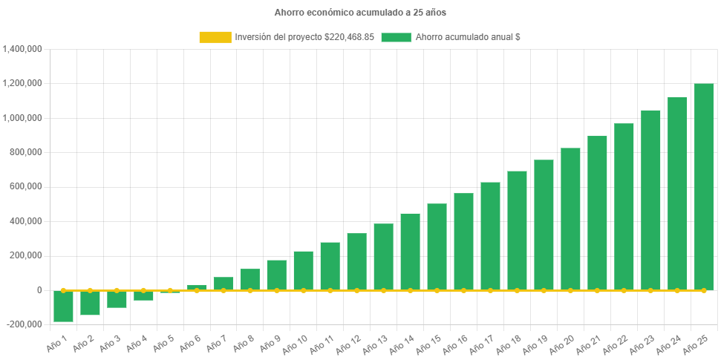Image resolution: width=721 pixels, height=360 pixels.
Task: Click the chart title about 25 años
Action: (x=360, y=13)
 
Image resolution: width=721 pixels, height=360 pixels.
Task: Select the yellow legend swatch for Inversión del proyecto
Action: (x=215, y=37)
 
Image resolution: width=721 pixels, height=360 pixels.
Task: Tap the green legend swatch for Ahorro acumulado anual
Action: (x=396, y=37)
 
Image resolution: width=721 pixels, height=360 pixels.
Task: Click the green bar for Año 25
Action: (x=704, y=186)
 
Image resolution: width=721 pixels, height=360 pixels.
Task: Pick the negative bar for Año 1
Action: (x=63, y=306)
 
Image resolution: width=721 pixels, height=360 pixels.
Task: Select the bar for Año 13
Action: (x=383, y=256)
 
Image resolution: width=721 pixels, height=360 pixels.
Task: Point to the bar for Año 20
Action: (x=570, y=218)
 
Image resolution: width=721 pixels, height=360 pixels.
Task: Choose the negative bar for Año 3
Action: (x=117, y=298)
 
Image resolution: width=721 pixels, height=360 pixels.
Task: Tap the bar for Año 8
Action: (x=250, y=279)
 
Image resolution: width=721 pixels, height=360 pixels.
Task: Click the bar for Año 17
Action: (x=490, y=235)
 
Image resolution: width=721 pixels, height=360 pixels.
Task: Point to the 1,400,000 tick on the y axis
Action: (x=23, y=49)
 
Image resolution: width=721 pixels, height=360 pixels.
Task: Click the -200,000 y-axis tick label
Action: (x=23, y=324)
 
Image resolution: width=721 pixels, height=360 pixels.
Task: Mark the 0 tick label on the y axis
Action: (x=39, y=290)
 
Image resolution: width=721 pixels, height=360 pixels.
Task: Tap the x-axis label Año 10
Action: (x=296, y=344)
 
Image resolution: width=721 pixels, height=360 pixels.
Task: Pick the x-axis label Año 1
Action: (x=58, y=342)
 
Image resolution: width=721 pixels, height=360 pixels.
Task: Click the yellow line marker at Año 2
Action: (x=90, y=290)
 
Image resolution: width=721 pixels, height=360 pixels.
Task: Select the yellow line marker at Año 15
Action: (x=437, y=290)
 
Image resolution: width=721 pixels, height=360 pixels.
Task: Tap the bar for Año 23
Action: (x=650, y=200)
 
